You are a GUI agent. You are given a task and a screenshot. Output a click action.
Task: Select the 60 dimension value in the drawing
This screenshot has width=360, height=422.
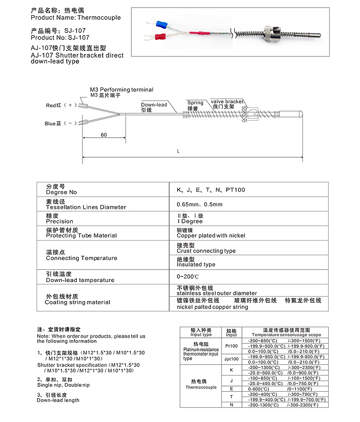(x=104, y=135)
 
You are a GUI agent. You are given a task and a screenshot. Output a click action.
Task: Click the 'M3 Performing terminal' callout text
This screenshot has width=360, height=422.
(x=122, y=89)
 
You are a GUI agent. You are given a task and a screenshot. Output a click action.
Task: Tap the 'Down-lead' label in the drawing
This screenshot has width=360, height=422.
(x=154, y=105)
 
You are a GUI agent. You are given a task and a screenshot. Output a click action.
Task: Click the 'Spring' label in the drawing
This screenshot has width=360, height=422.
(x=195, y=103)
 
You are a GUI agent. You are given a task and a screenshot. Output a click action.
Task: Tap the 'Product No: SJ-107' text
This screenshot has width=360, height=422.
(x=60, y=37)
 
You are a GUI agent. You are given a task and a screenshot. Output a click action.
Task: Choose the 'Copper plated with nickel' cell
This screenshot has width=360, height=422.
(x=211, y=236)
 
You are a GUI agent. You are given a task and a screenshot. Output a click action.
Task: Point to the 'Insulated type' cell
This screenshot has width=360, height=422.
(x=196, y=264)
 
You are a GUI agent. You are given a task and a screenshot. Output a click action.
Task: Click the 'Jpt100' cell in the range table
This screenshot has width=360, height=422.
(x=231, y=359)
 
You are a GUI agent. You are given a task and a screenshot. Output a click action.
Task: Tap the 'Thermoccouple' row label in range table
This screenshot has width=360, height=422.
(x=200, y=387)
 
